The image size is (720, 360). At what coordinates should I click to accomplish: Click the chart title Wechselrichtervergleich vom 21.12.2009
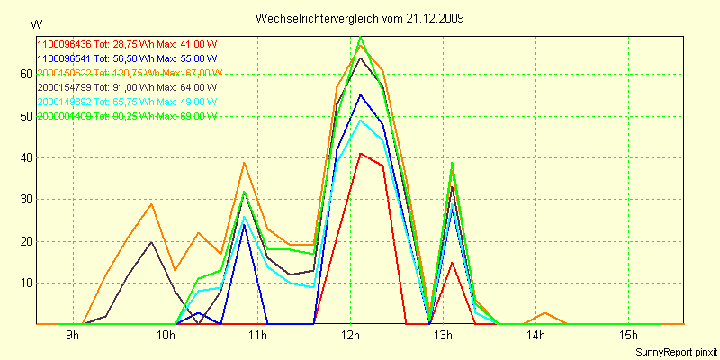click(x=360, y=18)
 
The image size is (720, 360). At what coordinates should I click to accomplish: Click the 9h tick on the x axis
click(x=73, y=336)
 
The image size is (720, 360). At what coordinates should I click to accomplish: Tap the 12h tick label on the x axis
click(x=350, y=336)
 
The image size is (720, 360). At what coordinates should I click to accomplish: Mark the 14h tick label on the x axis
click(x=535, y=336)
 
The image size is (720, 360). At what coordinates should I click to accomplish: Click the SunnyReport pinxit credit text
click(x=676, y=351)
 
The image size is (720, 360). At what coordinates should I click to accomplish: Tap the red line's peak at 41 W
click(x=360, y=153)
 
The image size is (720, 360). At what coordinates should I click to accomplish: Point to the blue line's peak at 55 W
click(x=360, y=94)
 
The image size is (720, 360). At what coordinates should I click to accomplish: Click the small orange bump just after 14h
click(x=545, y=312)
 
